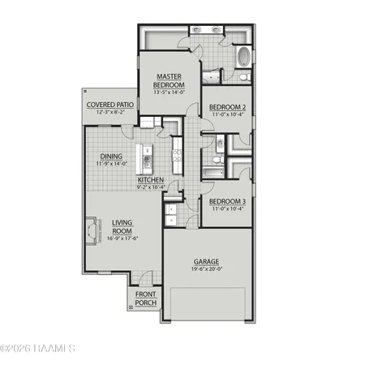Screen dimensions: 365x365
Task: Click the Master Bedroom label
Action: coord(170,80)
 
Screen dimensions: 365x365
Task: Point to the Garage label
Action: coord(206,262)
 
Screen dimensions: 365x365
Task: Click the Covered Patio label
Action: coord(111,105)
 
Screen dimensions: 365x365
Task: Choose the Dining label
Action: coord(111,157)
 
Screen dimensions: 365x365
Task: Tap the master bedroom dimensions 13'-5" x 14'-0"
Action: coord(170,92)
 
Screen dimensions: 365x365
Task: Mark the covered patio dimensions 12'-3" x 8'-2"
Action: coord(111,113)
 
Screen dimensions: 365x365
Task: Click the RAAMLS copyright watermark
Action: coord(38,348)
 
